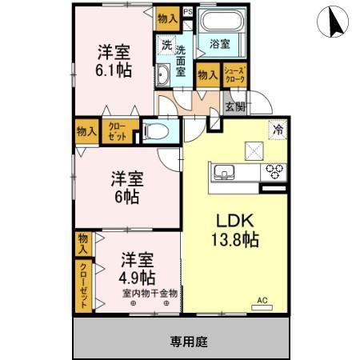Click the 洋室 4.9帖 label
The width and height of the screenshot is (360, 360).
[x=137, y=269]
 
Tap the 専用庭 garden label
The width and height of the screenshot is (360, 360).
[x=189, y=342]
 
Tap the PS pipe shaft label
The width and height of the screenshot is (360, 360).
[x=188, y=13]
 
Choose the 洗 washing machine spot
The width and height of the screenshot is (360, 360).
[x=166, y=45]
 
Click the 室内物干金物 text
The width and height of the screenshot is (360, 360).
[x=150, y=294]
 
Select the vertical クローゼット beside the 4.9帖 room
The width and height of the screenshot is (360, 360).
[x=84, y=285]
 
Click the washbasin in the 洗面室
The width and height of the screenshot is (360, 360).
[x=162, y=74]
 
